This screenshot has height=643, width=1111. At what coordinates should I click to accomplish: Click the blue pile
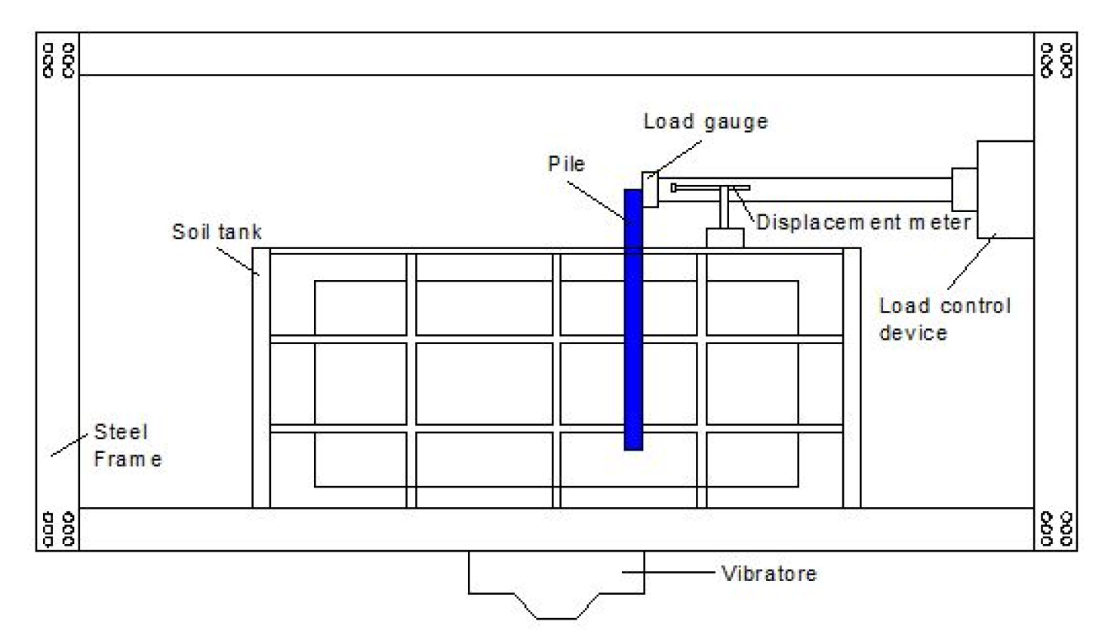[x=633, y=320]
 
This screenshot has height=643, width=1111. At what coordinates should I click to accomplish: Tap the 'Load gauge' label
[x=706, y=122]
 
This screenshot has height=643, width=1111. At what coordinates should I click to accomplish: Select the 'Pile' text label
[x=566, y=164]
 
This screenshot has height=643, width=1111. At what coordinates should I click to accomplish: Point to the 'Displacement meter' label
[x=863, y=222]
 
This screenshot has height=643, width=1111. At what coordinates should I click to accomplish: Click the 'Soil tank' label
[x=217, y=232]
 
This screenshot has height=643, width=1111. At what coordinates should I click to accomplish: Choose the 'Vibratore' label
[x=769, y=574]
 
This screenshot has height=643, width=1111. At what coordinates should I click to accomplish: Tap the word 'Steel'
[x=121, y=432]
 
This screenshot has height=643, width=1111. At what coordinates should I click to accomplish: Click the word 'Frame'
[x=128, y=459]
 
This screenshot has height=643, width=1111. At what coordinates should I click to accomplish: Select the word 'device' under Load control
[x=913, y=333]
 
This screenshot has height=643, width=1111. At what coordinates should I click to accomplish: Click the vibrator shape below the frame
[x=556, y=585]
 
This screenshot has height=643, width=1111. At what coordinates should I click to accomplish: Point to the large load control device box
[x=1005, y=189]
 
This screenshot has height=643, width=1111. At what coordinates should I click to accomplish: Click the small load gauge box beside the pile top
[x=651, y=189]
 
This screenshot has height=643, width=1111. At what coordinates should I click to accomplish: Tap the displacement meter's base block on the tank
[x=725, y=238]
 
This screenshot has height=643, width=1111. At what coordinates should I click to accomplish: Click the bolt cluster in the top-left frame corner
[x=59, y=60]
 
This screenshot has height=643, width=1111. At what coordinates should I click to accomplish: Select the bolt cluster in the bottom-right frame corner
[x=1057, y=529]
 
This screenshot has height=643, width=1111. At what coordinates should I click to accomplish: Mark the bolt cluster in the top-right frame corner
[x=1057, y=60]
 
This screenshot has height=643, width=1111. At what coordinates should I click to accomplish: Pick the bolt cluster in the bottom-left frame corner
[x=59, y=529]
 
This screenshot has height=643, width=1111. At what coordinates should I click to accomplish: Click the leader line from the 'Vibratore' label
[x=668, y=572]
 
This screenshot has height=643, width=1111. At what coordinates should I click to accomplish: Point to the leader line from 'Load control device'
[x=971, y=261]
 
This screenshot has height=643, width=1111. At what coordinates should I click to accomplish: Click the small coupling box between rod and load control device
[x=965, y=189]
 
